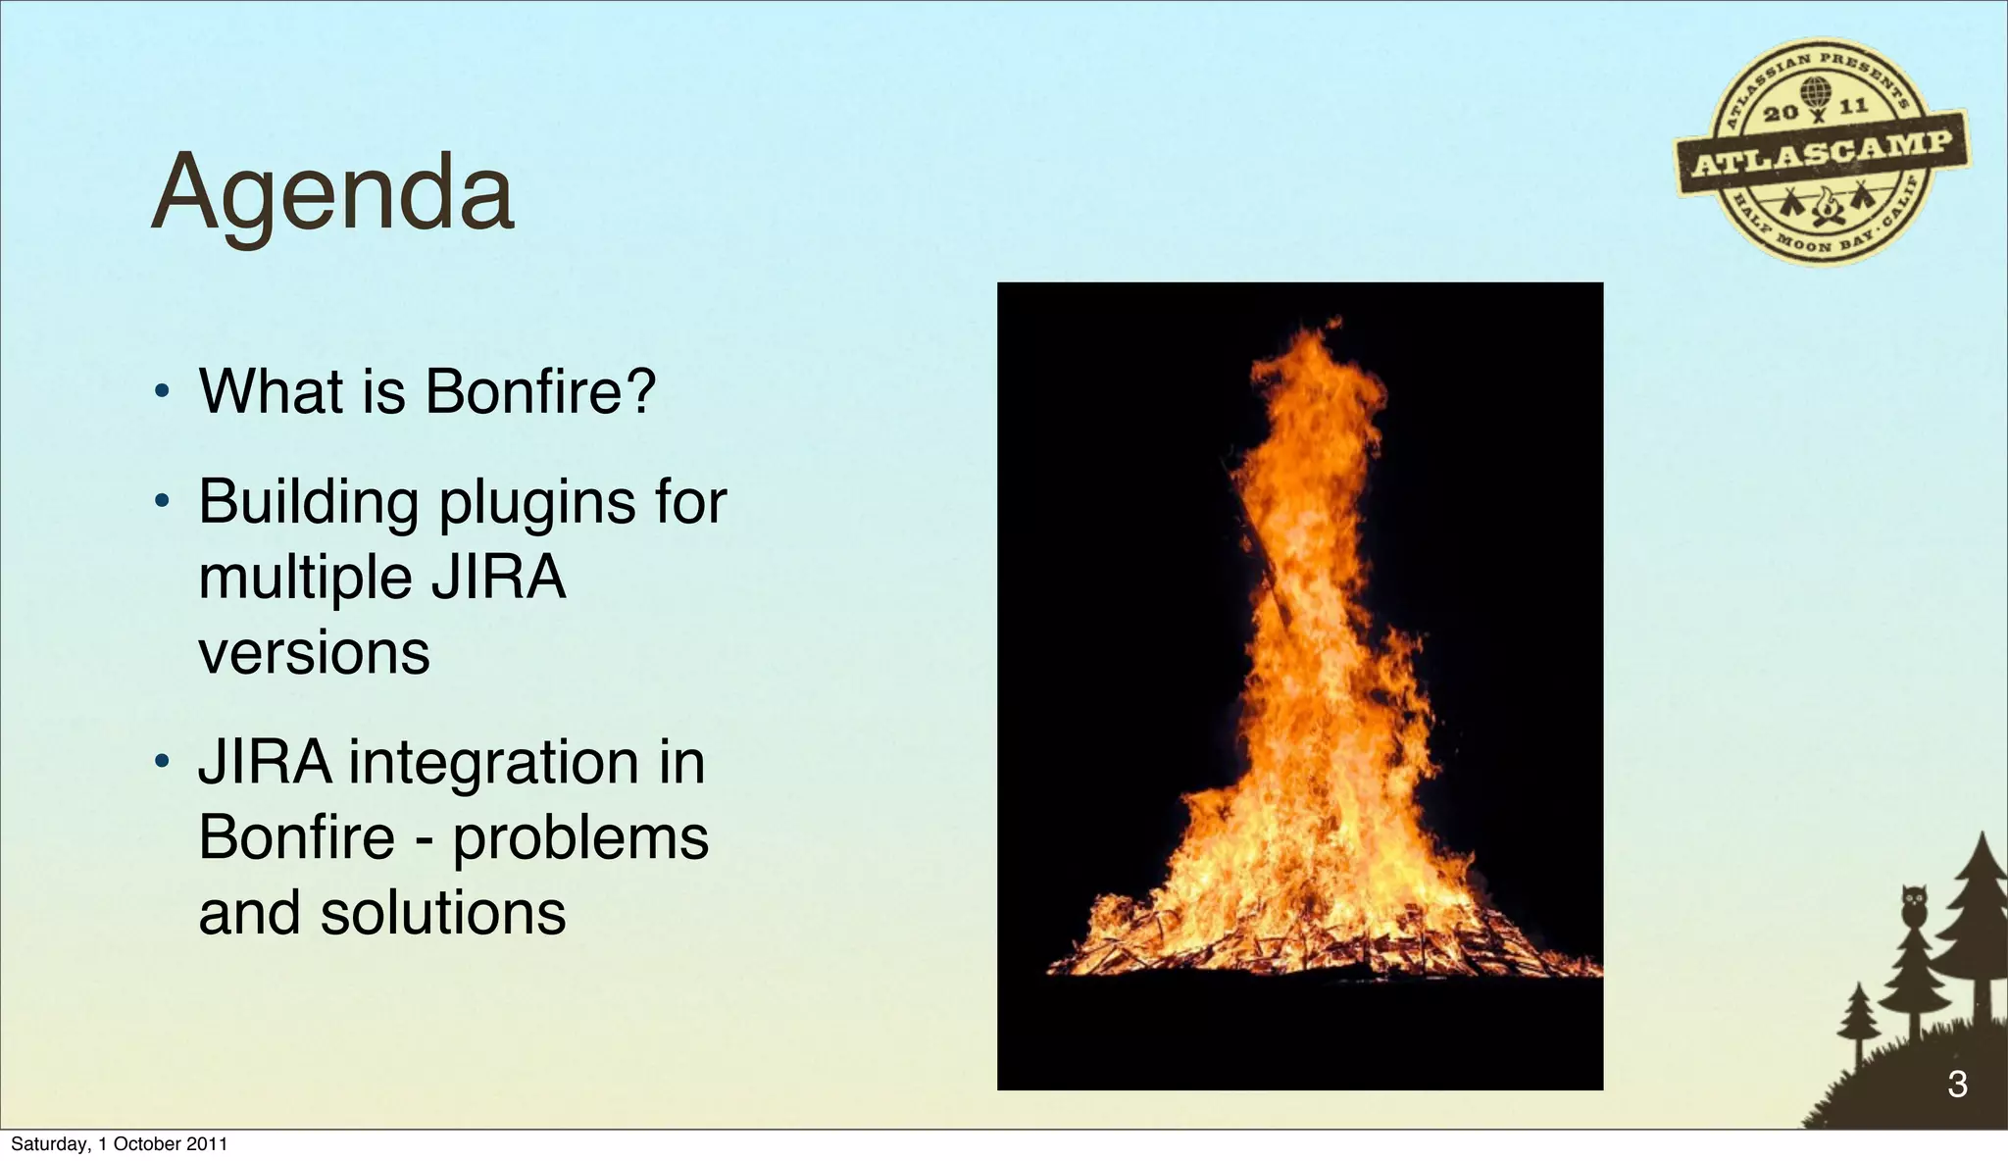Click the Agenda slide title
tap(333, 193)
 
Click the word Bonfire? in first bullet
tap(539, 391)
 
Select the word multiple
tap(305, 579)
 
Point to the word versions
tap(314, 653)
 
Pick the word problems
tap(580, 838)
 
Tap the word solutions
tap(443, 914)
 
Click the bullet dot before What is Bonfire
tap(163, 394)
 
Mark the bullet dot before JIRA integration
tap(163, 762)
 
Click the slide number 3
tap(1957, 1085)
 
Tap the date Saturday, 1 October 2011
tap(119, 1144)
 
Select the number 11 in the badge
tap(1853, 106)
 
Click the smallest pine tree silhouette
tap(1858, 1020)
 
